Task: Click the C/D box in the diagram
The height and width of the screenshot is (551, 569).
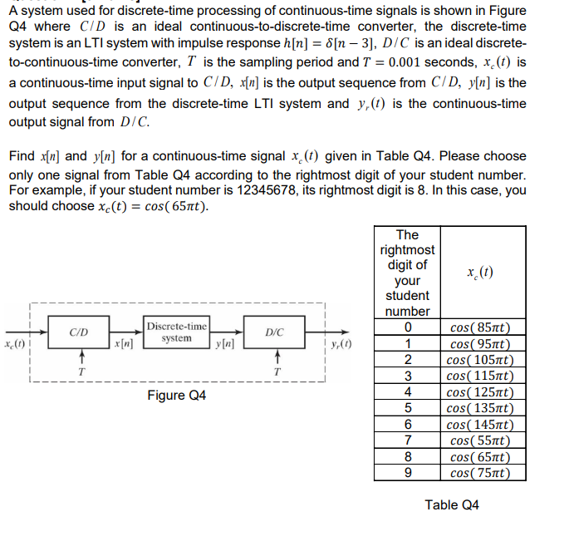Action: (81, 332)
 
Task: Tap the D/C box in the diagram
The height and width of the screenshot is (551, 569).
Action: (274, 332)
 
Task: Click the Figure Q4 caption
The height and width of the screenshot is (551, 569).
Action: (177, 395)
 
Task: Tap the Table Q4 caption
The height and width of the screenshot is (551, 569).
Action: (452, 504)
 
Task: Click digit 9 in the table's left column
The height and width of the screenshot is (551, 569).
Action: (407, 472)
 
